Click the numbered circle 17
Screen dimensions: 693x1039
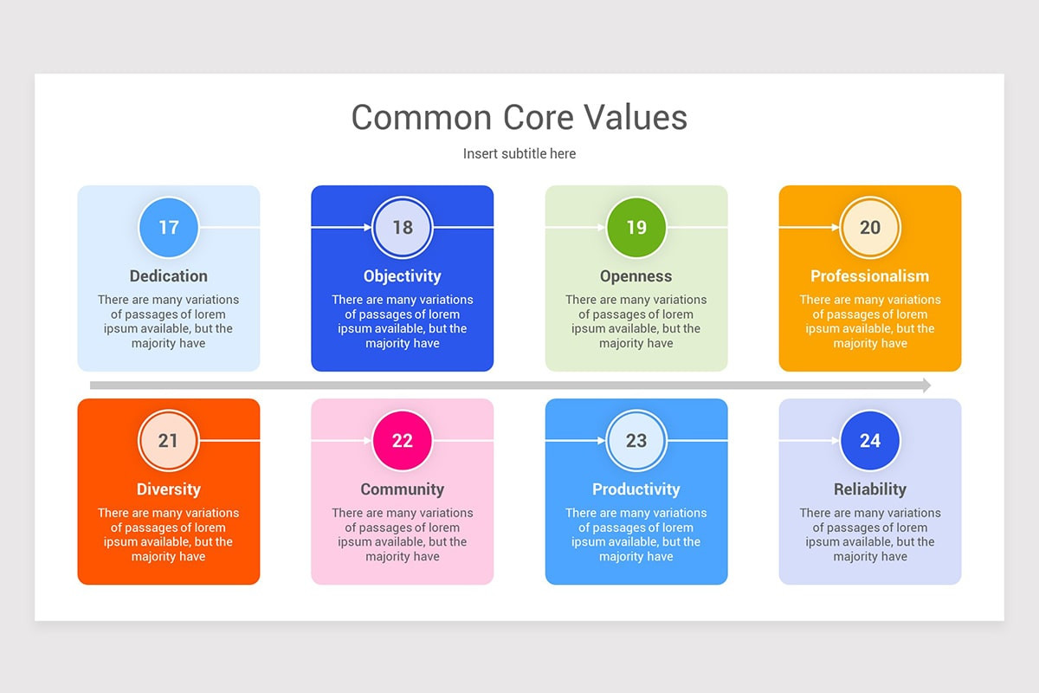tap(169, 228)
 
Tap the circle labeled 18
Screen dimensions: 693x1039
tap(403, 228)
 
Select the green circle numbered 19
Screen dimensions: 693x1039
tap(636, 228)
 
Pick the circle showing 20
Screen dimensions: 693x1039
tap(870, 228)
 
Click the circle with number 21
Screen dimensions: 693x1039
tap(169, 441)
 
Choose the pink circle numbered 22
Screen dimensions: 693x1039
tap(403, 441)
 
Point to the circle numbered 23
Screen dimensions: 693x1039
tap(636, 441)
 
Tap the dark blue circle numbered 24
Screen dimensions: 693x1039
tap(870, 441)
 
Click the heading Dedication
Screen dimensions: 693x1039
tap(169, 276)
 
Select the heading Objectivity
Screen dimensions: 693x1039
tap(403, 276)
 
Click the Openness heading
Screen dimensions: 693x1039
tap(636, 276)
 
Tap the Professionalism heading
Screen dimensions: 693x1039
tap(870, 276)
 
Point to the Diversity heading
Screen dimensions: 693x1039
tap(169, 489)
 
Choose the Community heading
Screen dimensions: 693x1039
tap(403, 489)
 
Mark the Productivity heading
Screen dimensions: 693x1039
tap(636, 489)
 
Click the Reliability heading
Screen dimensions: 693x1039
tap(870, 489)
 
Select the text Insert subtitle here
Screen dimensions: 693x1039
tap(519, 153)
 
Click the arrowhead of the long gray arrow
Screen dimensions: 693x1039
tap(926, 385)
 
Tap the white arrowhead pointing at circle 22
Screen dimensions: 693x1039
tap(367, 441)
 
